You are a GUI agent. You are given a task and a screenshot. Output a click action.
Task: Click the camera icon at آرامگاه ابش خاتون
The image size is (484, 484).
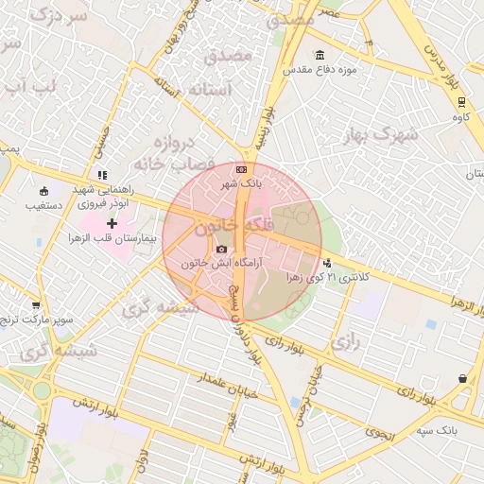tap(222, 250)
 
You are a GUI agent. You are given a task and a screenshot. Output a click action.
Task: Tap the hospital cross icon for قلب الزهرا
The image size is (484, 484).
tap(112, 224)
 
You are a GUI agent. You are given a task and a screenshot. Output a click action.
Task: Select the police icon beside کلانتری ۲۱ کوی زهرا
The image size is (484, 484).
tap(327, 264)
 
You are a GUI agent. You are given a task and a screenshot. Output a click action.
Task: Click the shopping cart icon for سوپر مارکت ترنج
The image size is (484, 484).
tap(36, 305)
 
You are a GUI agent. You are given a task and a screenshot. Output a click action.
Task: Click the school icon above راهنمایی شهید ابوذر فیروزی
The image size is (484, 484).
tap(102, 175)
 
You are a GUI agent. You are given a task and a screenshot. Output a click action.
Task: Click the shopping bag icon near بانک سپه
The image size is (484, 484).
tap(461, 379)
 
